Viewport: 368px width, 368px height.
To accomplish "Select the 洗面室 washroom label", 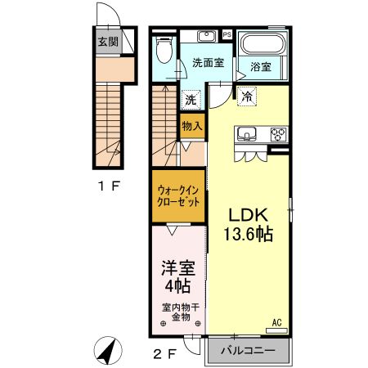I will (209, 62).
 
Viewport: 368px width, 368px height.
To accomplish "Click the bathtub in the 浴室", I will (263, 45).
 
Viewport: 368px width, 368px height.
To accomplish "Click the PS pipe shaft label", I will (227, 34).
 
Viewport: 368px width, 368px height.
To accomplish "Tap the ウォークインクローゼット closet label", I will (177, 195).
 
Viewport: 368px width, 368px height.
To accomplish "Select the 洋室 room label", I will (177, 267).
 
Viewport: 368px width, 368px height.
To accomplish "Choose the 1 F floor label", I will (109, 186).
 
